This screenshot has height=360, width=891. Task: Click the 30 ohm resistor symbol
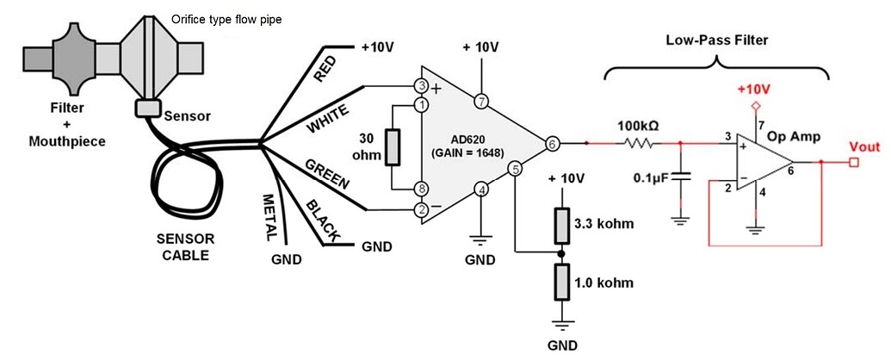393,147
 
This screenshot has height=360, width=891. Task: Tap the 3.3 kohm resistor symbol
560,226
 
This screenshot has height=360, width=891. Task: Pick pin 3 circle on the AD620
422,86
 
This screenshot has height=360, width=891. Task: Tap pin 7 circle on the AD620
481,102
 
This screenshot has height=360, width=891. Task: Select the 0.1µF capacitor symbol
681,176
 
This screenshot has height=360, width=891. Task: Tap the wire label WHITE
328,120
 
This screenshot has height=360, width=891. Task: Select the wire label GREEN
326,172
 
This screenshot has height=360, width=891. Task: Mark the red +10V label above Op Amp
753,90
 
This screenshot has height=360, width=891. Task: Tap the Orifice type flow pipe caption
226,17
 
